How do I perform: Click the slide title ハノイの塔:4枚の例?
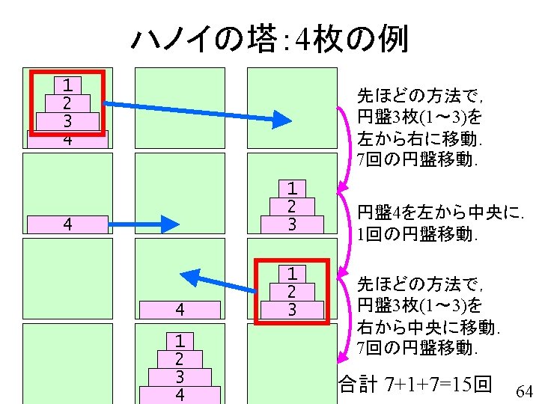[x=269, y=38]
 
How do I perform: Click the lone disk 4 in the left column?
[x=67, y=224]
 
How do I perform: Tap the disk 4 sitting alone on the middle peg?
[x=180, y=308]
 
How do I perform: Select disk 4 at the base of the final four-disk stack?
[x=180, y=394]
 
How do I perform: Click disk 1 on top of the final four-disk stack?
[x=180, y=340]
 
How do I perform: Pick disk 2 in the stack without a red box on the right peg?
[x=292, y=206]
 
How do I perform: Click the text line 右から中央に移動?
[x=429, y=327]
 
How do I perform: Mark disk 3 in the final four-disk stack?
[x=180, y=376]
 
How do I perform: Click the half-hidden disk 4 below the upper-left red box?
[x=67, y=140]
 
